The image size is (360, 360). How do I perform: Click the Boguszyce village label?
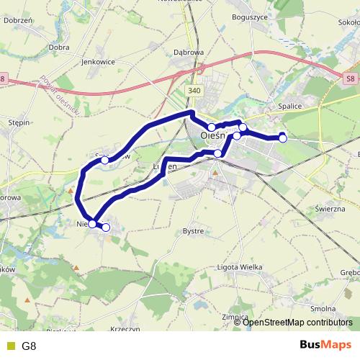[x=251, y=16]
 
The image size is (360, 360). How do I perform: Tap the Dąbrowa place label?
[x=189, y=53]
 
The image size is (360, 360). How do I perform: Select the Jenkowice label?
[x=99, y=63]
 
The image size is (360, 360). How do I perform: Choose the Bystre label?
[x=194, y=231]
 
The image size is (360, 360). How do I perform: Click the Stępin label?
[x=18, y=122]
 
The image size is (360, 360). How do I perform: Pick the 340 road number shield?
[x=193, y=91]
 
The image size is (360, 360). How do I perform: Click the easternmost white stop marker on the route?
[x=283, y=138]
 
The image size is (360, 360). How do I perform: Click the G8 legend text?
[x=29, y=346]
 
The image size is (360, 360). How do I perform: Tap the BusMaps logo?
[x=325, y=345]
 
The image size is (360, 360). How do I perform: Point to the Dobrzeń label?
[x=17, y=20]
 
